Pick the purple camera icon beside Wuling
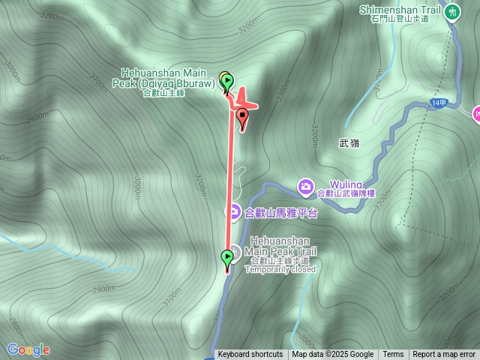click(x=305, y=184)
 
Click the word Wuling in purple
click(x=345, y=184)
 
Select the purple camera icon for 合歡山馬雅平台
click(x=233, y=213)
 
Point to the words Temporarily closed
click(x=280, y=269)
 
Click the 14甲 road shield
click(x=439, y=103)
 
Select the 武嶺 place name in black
click(x=349, y=142)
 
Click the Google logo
click(x=28, y=349)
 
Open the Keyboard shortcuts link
click(x=250, y=355)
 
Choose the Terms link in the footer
click(x=393, y=355)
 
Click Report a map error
click(x=444, y=355)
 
